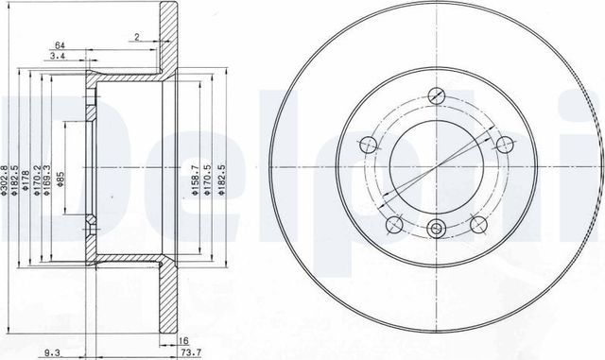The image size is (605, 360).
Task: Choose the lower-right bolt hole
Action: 477,223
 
